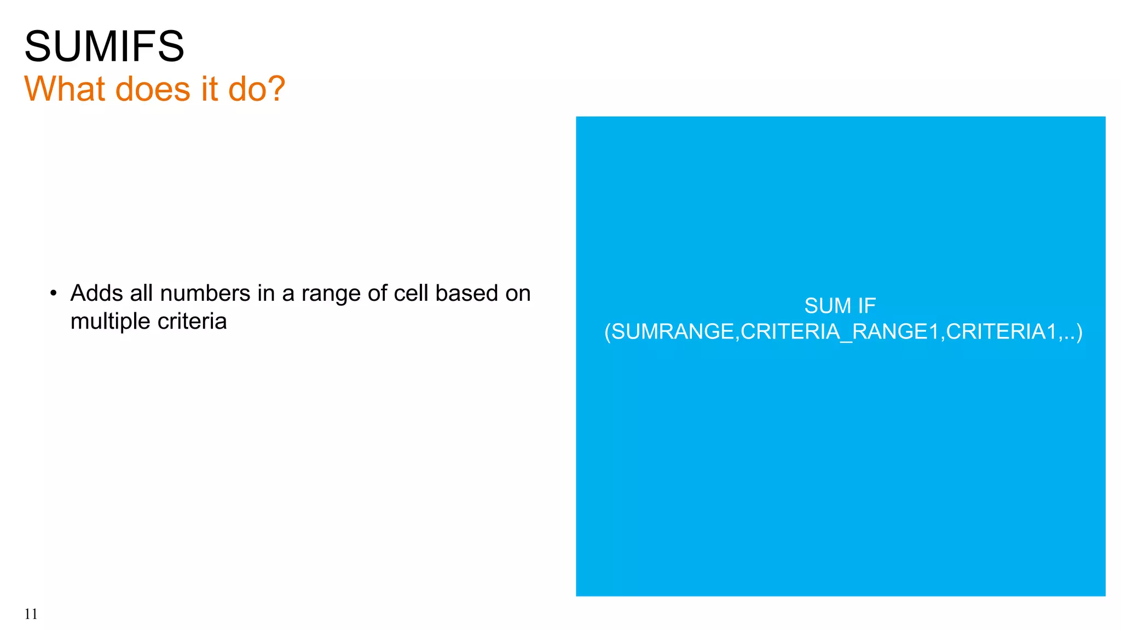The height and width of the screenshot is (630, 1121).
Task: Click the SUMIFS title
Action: point(104,46)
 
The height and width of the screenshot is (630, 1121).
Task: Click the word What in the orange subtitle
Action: point(65,89)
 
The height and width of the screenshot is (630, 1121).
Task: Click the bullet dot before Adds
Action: point(53,294)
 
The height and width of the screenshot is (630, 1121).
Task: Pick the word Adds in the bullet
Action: point(96,293)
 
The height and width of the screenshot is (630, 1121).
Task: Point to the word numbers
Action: point(205,293)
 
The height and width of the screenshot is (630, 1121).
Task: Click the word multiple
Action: point(110,322)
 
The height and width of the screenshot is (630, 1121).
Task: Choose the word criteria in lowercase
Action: point(192,321)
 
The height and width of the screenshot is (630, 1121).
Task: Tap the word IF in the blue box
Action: point(867,306)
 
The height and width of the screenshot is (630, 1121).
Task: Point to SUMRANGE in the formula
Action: point(674,331)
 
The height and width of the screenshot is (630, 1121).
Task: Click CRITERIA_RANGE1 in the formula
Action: point(840,331)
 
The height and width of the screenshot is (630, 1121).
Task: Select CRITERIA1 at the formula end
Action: point(1001,331)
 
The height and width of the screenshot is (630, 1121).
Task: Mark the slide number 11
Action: point(31,614)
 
